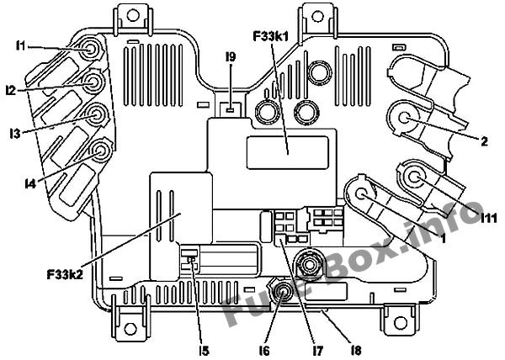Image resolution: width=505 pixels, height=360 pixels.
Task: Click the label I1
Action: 20,45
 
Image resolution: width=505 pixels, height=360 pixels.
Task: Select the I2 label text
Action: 11,91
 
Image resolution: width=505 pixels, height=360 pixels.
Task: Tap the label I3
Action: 15,133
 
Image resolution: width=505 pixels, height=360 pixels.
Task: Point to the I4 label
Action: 30,183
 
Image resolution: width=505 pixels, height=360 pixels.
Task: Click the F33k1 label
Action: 271,36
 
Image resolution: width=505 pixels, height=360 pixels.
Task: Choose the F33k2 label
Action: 65,275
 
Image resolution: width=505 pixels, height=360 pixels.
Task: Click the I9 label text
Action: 231,56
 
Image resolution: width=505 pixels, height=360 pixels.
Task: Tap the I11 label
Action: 489,219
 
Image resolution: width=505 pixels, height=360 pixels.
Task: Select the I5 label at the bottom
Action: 205,351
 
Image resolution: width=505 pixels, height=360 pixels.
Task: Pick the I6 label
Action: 264,351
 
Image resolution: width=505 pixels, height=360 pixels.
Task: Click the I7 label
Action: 317,351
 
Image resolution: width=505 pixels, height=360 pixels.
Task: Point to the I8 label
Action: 356,351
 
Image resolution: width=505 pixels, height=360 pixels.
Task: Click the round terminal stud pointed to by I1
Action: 90,50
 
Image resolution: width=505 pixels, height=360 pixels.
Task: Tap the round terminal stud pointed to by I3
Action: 96,115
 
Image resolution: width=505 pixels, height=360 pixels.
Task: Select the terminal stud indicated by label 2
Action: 404,117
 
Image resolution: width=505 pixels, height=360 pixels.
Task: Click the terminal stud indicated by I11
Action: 414,176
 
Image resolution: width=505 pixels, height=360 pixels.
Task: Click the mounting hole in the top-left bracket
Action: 131,15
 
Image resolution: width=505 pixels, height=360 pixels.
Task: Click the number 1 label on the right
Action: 443,238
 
